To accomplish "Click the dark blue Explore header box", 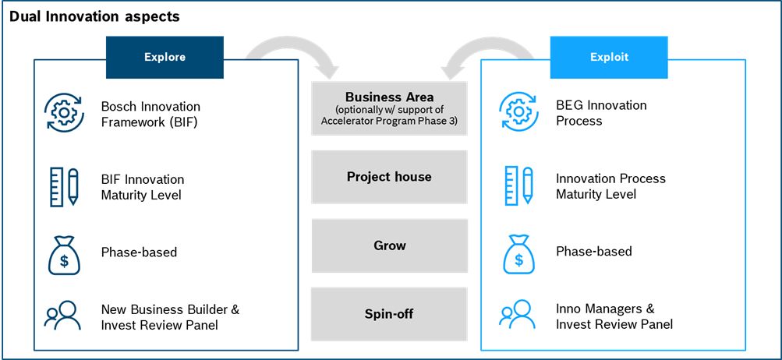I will [165, 57].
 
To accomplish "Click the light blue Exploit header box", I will [609, 57].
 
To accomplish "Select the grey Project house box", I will [389, 177].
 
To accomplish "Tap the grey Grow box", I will [389, 245].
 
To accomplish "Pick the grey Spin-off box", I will [389, 314].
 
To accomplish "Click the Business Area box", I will [389, 108].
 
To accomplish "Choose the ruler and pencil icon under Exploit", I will [518, 186].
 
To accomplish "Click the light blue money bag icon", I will [518, 253].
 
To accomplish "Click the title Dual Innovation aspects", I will [94, 16].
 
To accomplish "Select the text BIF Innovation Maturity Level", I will [143, 187].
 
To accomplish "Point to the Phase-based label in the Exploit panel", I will [593, 252].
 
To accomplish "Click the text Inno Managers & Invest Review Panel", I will [614, 316].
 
